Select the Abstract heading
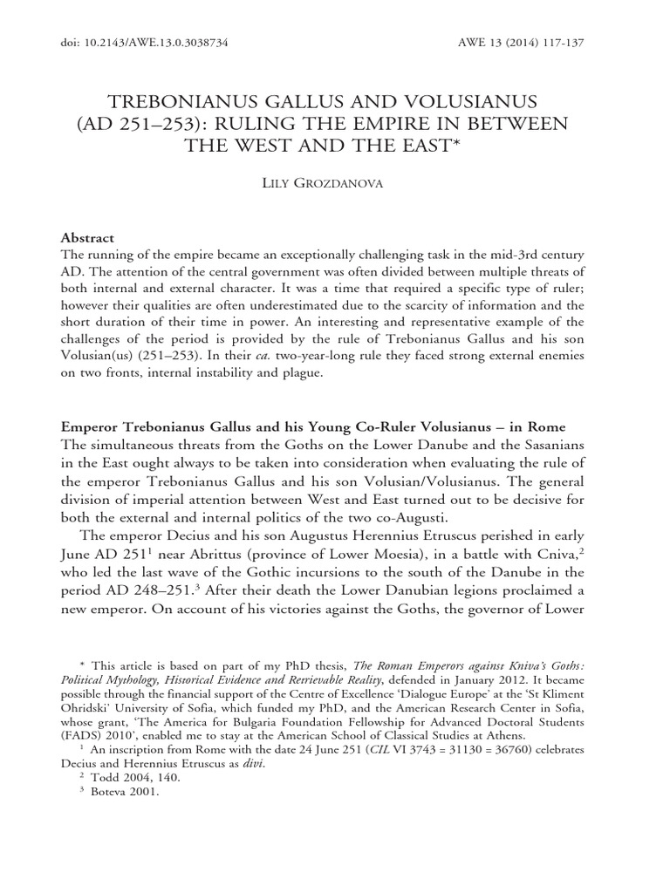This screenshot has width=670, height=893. click(x=87, y=237)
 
